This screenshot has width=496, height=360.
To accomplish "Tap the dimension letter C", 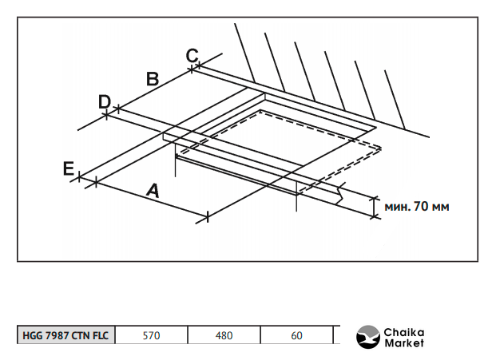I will click(192, 55).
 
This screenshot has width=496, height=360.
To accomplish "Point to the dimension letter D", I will click(104, 101).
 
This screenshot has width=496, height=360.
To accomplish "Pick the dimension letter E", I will click(69, 168).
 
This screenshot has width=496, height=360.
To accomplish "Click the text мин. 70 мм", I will click(417, 207).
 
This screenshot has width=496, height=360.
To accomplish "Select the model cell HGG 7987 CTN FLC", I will click(66, 335).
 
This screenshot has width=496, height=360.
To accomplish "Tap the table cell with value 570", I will click(151, 335).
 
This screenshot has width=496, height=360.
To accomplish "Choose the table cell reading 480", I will click(224, 335).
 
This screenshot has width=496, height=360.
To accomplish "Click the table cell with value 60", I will click(296, 335).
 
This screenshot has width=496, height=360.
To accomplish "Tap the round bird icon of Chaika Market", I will click(368, 337).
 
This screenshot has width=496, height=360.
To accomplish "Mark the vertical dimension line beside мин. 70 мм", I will click(373, 206).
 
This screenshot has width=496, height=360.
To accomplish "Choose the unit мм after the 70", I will click(438, 207).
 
